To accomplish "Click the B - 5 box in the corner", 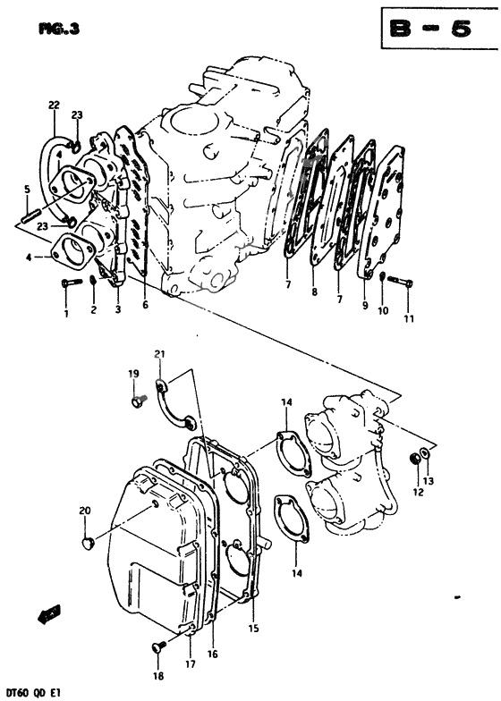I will (436, 30).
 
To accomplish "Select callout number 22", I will (55, 106).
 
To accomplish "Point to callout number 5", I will (27, 189).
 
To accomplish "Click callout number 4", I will (28, 258).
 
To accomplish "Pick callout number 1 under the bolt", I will (65, 313).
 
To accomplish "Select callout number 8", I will (314, 291).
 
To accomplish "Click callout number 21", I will (160, 356).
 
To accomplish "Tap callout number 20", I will (85, 511).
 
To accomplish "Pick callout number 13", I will (429, 482).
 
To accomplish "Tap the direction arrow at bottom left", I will (47, 617).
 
